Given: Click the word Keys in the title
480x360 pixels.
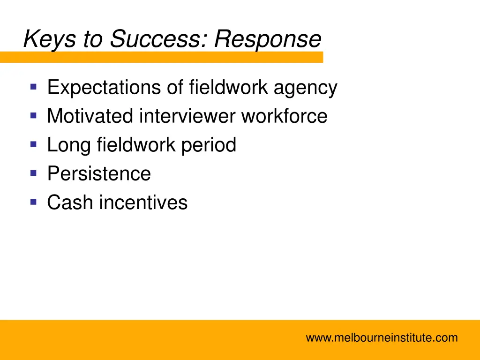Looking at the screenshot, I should tap(50, 39).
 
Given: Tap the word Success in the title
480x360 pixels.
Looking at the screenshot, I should tap(157, 39).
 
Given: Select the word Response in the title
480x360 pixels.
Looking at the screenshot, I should tap(268, 39).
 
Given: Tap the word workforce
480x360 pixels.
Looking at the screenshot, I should tap(284, 116).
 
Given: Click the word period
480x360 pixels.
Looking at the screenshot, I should tap(209, 145).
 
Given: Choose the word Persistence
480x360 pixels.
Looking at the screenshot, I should tap(99, 174).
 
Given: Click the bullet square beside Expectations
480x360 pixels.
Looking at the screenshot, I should tap(33, 86).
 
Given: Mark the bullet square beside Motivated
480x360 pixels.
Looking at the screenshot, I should tap(33, 115).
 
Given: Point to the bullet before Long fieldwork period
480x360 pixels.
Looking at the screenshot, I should tap(33, 144).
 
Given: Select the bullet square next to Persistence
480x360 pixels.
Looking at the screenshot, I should tap(33, 173).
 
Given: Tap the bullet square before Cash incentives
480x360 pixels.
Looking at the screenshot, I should tap(33, 202).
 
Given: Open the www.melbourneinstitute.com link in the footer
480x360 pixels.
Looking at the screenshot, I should tap(382, 337).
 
